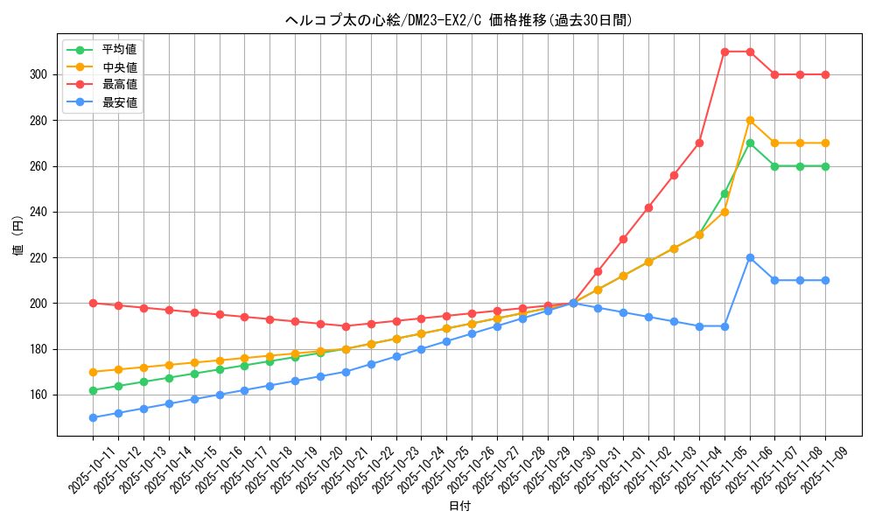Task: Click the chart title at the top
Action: (458, 20)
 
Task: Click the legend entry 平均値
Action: (119, 50)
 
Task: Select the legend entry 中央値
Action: (119, 67)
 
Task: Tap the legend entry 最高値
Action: (119, 85)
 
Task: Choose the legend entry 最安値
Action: (119, 102)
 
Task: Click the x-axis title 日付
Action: (458, 507)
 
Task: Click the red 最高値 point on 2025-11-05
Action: (724, 52)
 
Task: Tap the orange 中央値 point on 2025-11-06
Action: (750, 120)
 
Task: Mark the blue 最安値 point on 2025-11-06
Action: (750, 257)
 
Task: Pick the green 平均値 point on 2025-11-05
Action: (724, 193)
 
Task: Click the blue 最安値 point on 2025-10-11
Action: (93, 417)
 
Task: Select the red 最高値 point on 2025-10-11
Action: (93, 303)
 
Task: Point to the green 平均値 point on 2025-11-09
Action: (825, 166)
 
